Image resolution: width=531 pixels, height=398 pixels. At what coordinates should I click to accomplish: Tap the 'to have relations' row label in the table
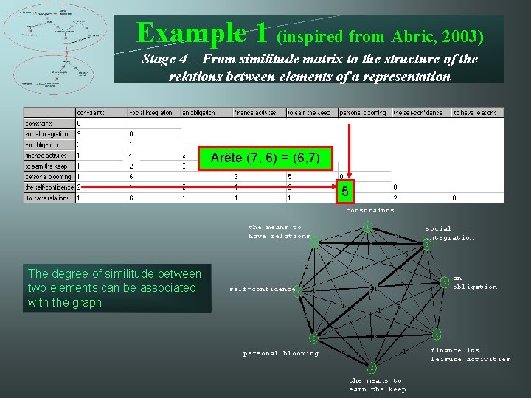[x=48, y=198]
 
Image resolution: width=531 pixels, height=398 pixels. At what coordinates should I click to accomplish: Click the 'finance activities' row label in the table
[x=48, y=156]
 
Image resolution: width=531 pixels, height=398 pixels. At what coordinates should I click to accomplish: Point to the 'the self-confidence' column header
[x=417, y=113]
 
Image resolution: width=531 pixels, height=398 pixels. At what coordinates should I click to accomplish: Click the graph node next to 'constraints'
[x=367, y=226]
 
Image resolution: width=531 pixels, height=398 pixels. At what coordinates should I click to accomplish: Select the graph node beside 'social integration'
[x=427, y=245]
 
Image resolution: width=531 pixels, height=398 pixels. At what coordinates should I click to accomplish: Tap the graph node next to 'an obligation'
[x=445, y=282]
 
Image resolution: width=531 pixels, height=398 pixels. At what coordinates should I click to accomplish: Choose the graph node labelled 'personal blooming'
[x=313, y=338]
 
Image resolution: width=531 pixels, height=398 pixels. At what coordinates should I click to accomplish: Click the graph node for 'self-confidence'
[x=298, y=290]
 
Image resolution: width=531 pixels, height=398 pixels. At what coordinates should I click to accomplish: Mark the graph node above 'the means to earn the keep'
[x=372, y=367]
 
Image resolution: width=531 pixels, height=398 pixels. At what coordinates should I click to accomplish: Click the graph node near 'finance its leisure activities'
[x=437, y=334]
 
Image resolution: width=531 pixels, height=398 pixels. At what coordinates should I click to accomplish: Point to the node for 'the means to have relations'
[x=315, y=241]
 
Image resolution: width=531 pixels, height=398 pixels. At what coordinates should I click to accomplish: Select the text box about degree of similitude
[x=117, y=288]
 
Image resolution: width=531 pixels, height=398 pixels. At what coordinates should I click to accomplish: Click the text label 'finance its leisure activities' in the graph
[x=470, y=355]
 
